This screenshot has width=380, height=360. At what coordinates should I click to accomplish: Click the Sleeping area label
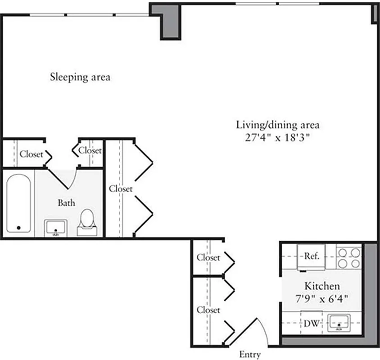80,77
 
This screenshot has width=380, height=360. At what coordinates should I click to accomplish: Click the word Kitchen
322,286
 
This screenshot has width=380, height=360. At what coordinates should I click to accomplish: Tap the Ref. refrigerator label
312,256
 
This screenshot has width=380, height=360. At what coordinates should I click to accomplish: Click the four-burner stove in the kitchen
349,257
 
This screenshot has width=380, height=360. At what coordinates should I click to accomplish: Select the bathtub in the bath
18,203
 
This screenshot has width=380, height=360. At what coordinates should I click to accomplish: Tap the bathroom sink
56,228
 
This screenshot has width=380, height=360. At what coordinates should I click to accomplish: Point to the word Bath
66,203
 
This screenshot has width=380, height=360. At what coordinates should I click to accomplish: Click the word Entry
249,354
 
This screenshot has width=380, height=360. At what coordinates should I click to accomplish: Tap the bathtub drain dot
18,228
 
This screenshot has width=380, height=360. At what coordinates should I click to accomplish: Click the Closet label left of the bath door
31,154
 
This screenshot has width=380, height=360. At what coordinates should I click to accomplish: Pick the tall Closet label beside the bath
121,189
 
